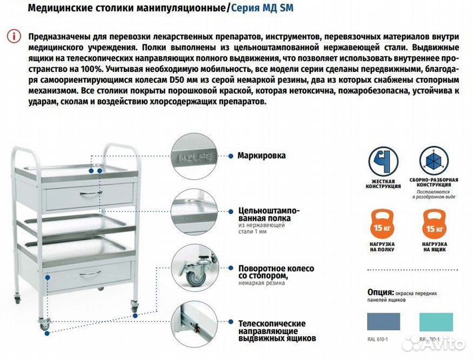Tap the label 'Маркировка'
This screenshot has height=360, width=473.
[x=261, y=155]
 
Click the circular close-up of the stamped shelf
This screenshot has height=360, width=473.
[x=197, y=213]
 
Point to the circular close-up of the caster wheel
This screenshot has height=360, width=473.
[x=197, y=271]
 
